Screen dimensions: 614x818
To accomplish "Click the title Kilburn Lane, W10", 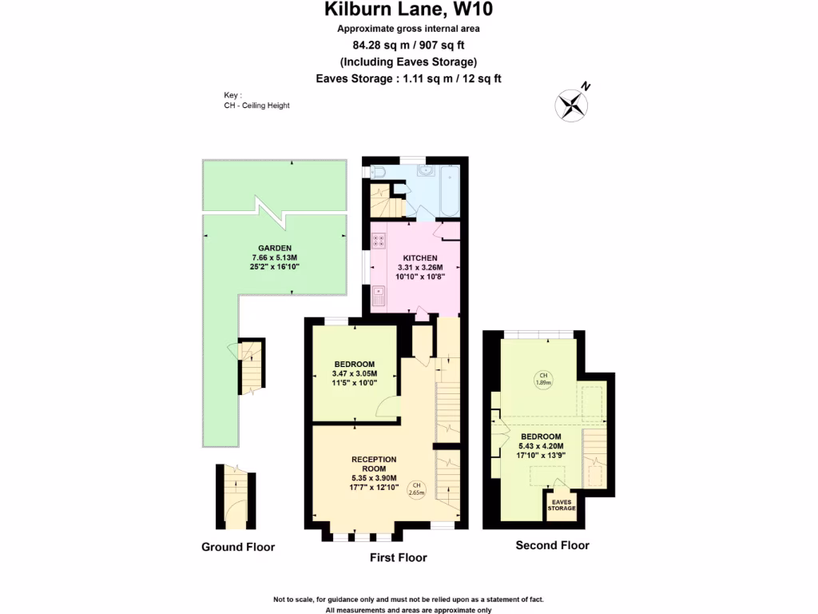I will (x=408, y=10).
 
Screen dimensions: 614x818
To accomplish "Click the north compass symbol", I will (x=572, y=104).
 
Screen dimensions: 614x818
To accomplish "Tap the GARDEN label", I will (x=274, y=248).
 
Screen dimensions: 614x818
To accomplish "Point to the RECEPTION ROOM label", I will (x=374, y=464).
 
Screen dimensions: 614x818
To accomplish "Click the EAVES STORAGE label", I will (x=561, y=505).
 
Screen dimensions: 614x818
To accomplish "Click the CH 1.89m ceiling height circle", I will (x=543, y=378).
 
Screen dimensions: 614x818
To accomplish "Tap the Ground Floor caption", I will (x=237, y=548).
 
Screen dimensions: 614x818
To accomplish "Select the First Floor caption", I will (x=398, y=558).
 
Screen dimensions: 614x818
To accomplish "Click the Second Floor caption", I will (x=552, y=546).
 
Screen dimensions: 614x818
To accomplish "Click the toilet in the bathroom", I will (x=377, y=172).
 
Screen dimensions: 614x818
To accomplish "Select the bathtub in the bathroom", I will (x=448, y=189).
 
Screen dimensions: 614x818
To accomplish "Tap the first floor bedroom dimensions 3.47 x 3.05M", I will (x=354, y=373).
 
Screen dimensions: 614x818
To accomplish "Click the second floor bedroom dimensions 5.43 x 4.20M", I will (x=541, y=446).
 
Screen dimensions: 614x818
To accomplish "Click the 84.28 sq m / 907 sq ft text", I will (x=408, y=46).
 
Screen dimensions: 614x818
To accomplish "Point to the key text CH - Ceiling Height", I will (x=256, y=106).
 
